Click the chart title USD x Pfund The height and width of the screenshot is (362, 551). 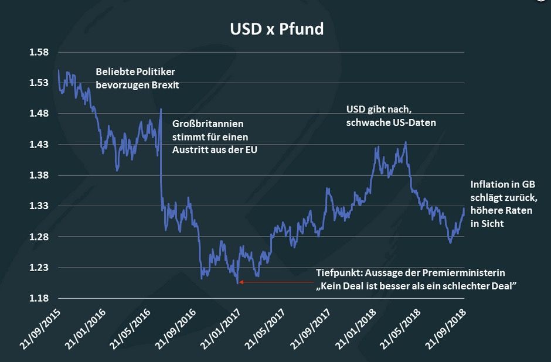[x=275, y=29]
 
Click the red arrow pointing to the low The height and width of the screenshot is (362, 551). [x=275, y=282]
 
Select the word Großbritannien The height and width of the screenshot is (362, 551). [x=208, y=124]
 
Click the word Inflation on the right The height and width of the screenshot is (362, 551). [x=490, y=184]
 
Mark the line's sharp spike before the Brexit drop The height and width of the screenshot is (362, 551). [x=161, y=110]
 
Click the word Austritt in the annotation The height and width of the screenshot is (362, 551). [x=189, y=150]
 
